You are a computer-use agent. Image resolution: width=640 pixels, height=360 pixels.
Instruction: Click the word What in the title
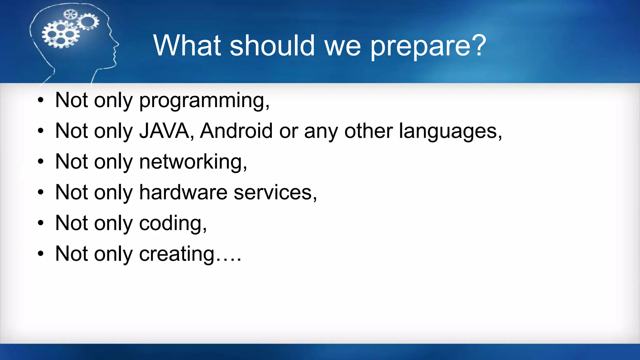(187, 45)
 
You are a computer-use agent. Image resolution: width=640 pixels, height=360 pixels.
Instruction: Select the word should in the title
(272, 45)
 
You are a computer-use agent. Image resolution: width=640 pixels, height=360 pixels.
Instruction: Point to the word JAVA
(164, 131)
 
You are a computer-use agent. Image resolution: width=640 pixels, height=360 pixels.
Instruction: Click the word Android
(236, 131)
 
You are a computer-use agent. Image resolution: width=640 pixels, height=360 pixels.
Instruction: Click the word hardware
(183, 192)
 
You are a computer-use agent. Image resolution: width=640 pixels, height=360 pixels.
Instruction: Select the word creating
(177, 254)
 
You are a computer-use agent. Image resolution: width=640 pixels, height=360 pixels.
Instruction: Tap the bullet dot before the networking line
(41, 162)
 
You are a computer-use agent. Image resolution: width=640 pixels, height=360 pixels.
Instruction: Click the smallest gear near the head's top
(70, 14)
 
